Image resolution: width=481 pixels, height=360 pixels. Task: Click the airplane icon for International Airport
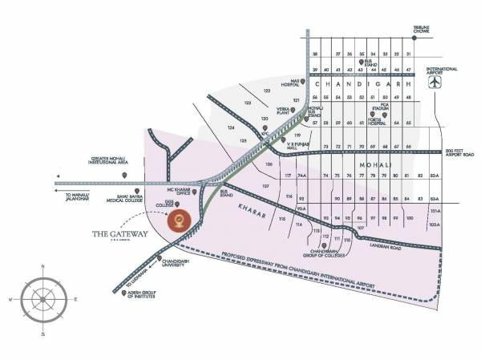[436, 83]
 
